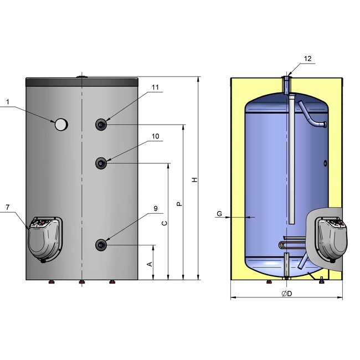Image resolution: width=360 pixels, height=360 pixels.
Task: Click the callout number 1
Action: pos(8,102)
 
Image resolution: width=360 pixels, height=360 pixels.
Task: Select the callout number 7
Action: pos(8,207)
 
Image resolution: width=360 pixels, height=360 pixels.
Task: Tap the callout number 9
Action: pos(156,209)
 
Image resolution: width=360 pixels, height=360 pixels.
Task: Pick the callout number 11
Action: pos(156,88)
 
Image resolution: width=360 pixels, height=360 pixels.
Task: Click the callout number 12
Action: pos(307,59)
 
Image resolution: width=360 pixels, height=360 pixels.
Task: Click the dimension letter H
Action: pos(193,180)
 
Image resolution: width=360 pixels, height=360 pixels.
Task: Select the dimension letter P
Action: pos(178,204)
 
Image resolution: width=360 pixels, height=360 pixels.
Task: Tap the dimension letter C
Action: pos(164,223)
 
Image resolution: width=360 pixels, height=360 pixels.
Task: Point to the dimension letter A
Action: pos(149,264)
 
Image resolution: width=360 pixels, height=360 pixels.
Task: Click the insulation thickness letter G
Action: pos(219,213)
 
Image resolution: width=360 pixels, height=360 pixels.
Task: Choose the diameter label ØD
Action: pos(286,293)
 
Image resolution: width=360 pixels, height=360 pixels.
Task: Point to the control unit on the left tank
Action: pos(45,238)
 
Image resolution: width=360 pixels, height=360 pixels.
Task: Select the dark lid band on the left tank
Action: pos(81,81)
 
